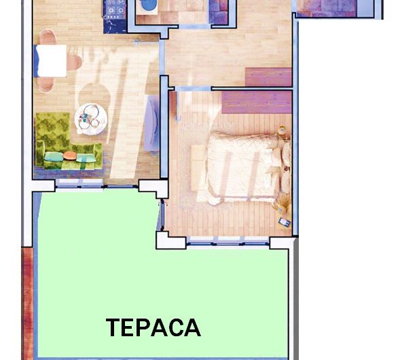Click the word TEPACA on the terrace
click(153, 327)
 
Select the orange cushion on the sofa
click(70, 156)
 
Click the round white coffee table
click(91, 119)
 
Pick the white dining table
click(52, 60)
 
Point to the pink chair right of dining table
click(74, 62)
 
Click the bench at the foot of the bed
click(198, 168)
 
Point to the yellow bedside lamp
click(282, 130)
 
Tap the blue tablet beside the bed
click(285, 222)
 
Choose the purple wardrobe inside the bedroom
click(257, 102)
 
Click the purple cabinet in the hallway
click(268, 77)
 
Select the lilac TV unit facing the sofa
click(152, 124)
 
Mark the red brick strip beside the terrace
click(27, 304)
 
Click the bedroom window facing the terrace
click(228, 241)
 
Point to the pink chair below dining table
click(45, 84)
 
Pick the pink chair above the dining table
click(48, 37)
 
